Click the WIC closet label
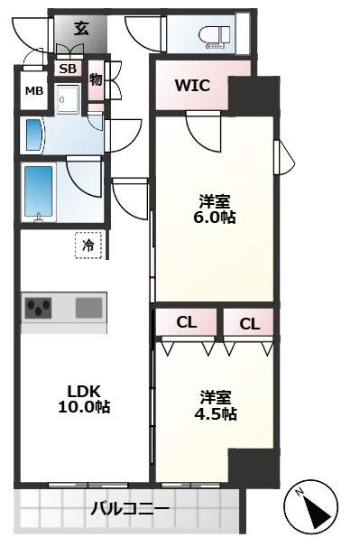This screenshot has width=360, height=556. (x=192, y=87)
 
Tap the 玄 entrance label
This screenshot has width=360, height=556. (x=80, y=28)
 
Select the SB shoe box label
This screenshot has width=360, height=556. (x=68, y=68)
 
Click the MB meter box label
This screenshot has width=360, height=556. (x=33, y=91)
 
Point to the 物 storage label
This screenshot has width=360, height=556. (x=96, y=81)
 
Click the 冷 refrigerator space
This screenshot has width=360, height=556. (x=88, y=245)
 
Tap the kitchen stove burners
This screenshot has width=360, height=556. (x=39, y=308)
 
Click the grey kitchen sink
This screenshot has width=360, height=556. (x=88, y=308)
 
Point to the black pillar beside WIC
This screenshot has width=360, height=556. (x=252, y=95)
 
